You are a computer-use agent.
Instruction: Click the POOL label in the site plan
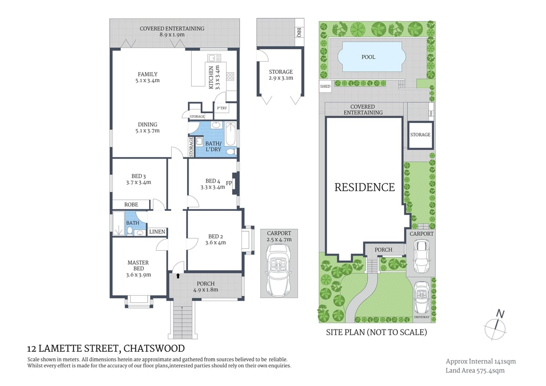tap(369, 57)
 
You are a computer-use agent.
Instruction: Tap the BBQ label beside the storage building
tap(299, 32)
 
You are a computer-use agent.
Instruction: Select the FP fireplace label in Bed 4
tap(229, 184)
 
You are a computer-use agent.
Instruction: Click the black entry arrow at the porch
tap(178, 276)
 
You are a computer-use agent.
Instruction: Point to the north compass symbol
tap(498, 323)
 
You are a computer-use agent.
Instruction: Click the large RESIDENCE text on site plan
tap(365, 187)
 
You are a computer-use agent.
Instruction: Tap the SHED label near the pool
tap(325, 86)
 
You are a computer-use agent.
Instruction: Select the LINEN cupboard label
tap(157, 232)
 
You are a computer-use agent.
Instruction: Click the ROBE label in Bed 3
tap(131, 204)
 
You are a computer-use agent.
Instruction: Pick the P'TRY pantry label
tap(222, 108)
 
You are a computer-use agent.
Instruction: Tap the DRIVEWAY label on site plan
tap(422, 317)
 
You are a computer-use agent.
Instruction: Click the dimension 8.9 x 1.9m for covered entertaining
tap(172, 35)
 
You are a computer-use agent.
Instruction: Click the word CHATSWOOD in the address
tap(154, 348)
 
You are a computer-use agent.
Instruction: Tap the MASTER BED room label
tap(138, 265)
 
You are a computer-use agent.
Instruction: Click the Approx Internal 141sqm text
tap(481, 361)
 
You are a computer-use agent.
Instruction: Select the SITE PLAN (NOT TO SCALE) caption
tap(376, 332)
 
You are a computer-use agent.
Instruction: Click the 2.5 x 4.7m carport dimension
tap(279, 240)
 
